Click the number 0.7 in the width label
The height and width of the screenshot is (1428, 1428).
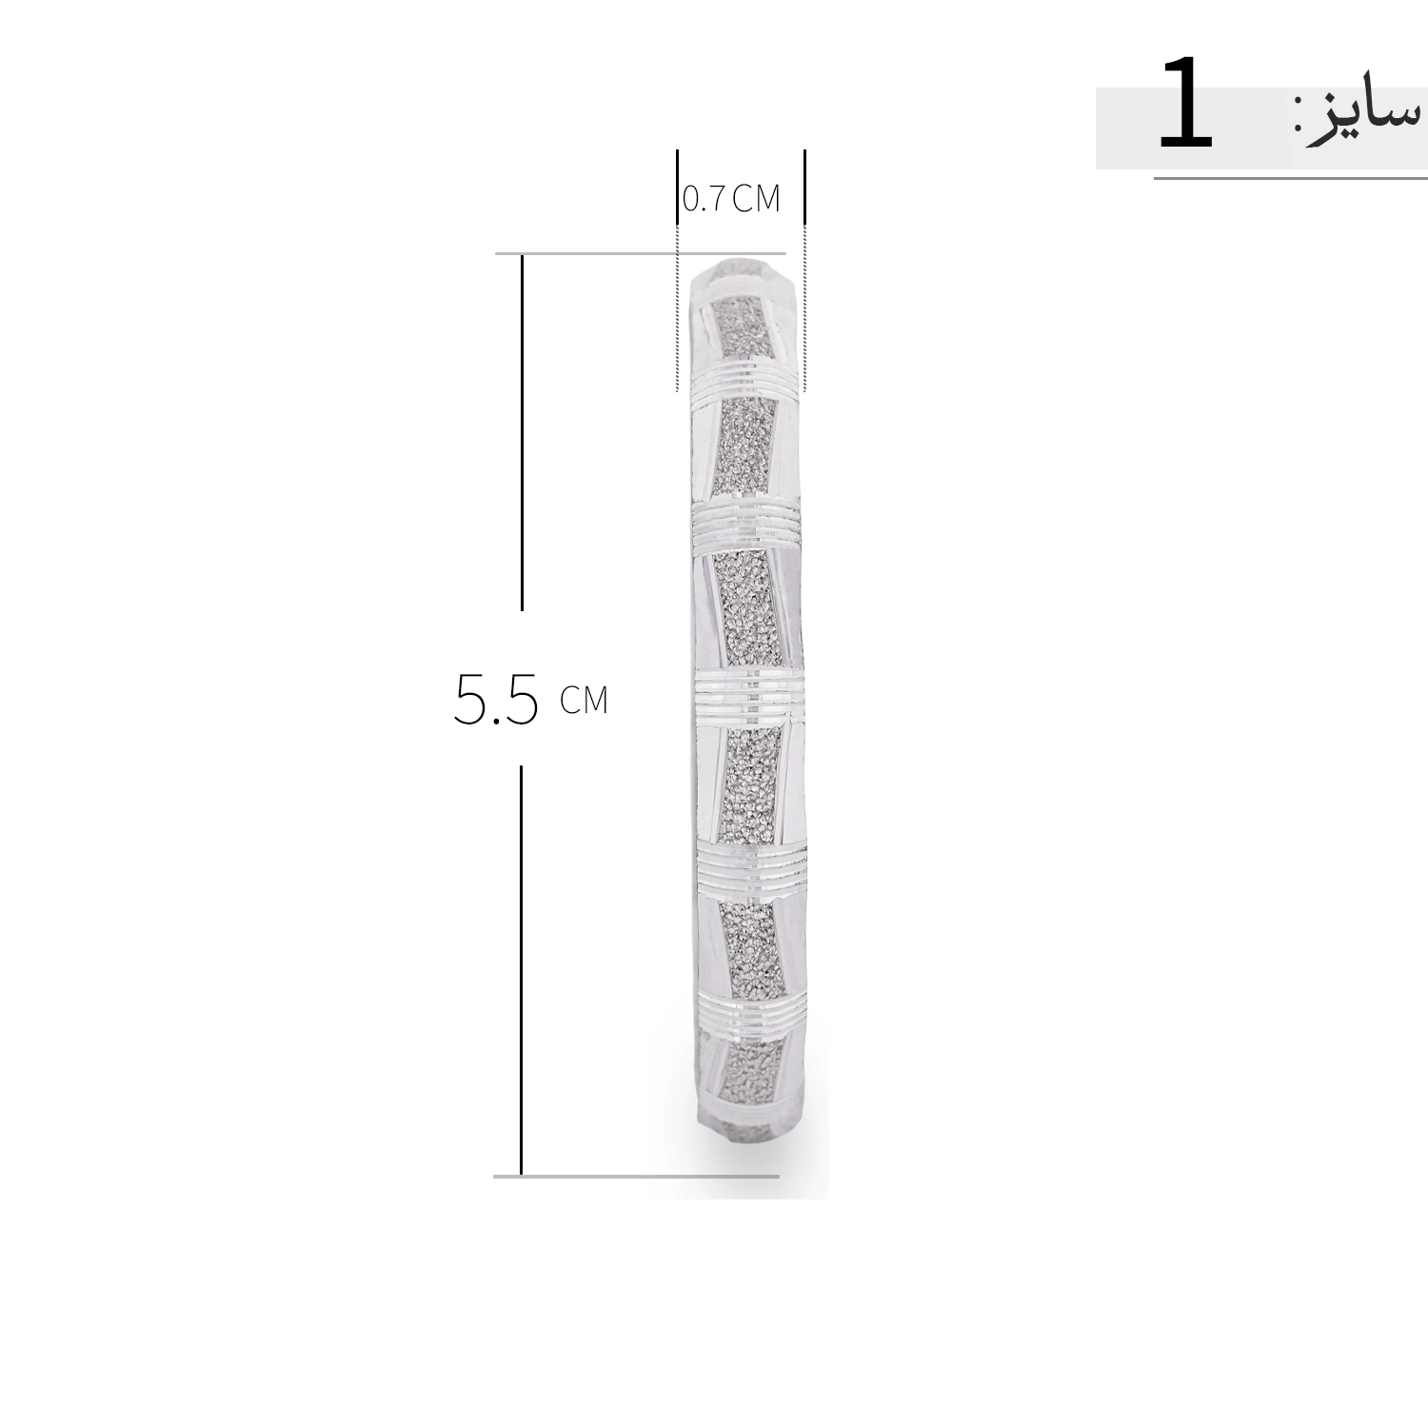tap(704, 198)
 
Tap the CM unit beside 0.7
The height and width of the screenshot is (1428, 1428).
tap(756, 198)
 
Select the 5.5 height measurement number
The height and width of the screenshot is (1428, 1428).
tap(496, 699)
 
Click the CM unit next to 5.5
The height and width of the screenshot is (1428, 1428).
tap(584, 700)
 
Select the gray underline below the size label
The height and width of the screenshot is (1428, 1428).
tap(1291, 178)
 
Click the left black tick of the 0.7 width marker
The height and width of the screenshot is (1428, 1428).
tap(678, 188)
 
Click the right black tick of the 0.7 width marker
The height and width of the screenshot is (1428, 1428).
tap(804, 188)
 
